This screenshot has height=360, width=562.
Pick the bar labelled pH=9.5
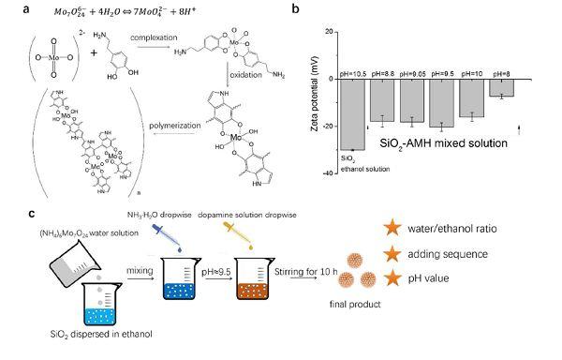[x=441, y=103]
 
